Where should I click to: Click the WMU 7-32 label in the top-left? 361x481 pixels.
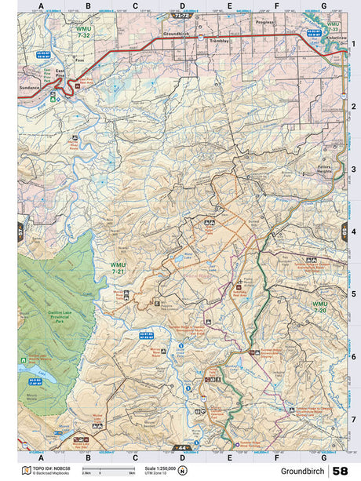[84, 34]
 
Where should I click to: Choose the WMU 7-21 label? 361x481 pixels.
[118, 268]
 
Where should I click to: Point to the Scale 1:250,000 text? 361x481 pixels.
[161, 468]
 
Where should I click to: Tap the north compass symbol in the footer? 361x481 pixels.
[183, 471]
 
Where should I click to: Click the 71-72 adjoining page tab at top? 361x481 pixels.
[182, 15]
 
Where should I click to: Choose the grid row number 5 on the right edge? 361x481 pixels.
[354, 294]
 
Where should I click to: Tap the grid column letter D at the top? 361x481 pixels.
[182, 5]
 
